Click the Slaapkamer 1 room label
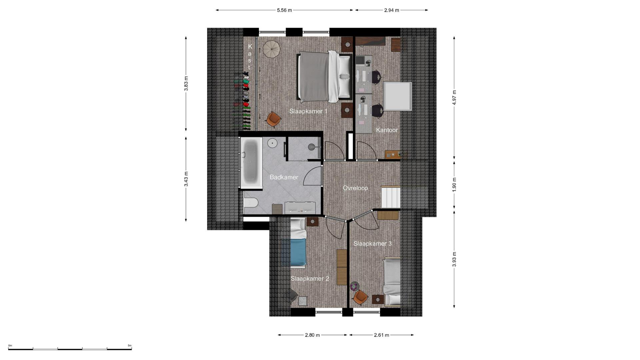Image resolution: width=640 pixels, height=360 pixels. click(308, 111)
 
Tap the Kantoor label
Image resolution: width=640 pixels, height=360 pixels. click(387, 130)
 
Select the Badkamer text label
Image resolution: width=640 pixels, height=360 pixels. click(284, 177)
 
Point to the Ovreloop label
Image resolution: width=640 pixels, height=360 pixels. click(355, 188)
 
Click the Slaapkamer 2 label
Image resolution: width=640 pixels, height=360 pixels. click(310, 279)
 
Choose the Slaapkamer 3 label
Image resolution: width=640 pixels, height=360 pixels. click(373, 244)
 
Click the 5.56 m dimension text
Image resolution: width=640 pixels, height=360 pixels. click(284, 10)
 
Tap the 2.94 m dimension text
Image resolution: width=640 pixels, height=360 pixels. click(392, 10)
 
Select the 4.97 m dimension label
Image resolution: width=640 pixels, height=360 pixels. click(454, 98)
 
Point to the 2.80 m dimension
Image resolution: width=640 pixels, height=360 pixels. click(312, 335)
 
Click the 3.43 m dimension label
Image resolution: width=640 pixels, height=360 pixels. click(186, 179)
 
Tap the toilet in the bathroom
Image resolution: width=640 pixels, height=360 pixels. click(251, 202)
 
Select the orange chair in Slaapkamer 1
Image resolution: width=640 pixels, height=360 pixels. click(274, 120)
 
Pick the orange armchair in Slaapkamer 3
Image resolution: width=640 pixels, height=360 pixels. click(360, 297)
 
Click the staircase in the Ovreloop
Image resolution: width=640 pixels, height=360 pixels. click(391, 197)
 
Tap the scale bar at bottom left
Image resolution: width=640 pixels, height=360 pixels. click(70, 349)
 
